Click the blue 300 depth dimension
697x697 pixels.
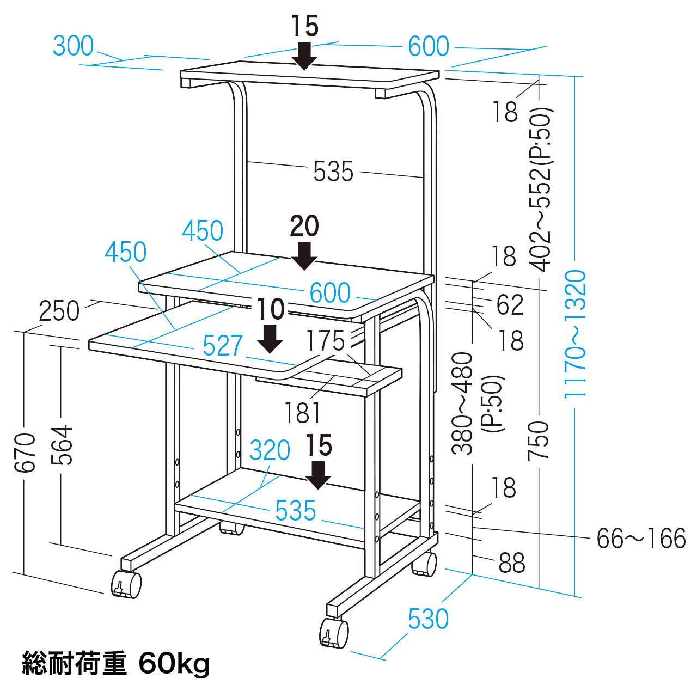click(x=74, y=46)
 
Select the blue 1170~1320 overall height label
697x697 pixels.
click(x=574, y=333)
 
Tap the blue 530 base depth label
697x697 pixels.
click(x=428, y=619)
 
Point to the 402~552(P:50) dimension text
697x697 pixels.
click(x=541, y=189)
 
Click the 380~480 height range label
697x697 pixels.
click(x=462, y=403)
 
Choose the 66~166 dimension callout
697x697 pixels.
click(x=641, y=538)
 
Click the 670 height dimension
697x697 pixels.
click(x=25, y=452)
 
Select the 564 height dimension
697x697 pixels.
click(x=62, y=444)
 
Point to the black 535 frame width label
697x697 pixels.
click(x=333, y=172)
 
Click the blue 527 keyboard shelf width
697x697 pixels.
click(x=223, y=345)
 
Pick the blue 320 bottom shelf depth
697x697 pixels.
click(x=270, y=450)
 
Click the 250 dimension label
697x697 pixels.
click(x=59, y=311)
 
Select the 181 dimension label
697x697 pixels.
click(x=303, y=413)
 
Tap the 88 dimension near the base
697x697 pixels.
click(x=512, y=563)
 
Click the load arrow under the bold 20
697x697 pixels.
click(x=304, y=256)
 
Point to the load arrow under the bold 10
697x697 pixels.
click(x=270, y=339)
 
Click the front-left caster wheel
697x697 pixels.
click(x=126, y=584)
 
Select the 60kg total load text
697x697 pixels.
click(x=174, y=663)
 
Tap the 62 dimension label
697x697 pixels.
click(x=510, y=304)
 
